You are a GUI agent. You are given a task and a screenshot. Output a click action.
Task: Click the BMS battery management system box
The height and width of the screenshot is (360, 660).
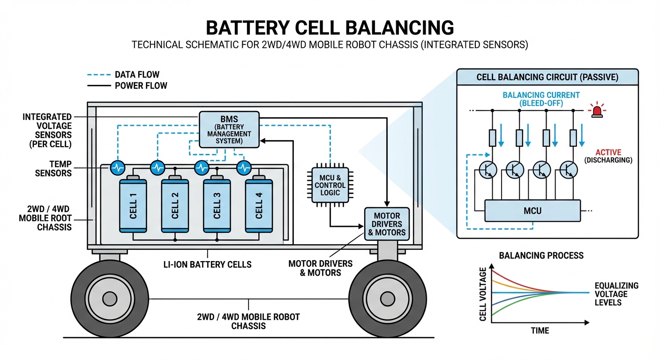(229, 129)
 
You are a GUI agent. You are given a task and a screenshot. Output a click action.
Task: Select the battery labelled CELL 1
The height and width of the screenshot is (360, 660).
(133, 205)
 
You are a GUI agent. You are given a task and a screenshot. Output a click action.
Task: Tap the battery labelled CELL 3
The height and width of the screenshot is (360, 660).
(217, 205)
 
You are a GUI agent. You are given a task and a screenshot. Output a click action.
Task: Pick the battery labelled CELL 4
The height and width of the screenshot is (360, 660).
(259, 205)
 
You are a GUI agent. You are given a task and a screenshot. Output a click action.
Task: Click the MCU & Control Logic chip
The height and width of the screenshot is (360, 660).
(330, 185)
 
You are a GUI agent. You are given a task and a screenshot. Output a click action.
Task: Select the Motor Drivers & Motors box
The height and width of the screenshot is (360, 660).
(387, 224)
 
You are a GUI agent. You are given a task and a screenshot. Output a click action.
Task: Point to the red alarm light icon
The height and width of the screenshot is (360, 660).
(597, 111)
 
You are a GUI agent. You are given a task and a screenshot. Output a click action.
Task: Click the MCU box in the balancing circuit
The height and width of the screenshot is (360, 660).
(532, 210)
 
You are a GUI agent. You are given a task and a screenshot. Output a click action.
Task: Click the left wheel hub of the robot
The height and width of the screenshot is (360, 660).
(110, 299)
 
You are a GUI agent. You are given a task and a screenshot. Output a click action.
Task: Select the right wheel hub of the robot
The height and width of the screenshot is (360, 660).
(387, 299)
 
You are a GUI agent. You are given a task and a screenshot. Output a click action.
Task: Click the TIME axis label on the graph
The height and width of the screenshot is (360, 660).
(540, 330)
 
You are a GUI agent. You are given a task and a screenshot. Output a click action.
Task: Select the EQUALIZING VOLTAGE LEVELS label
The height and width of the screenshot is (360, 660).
(616, 294)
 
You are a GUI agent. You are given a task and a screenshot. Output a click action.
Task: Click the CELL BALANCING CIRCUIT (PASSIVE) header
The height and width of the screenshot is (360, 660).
(547, 77)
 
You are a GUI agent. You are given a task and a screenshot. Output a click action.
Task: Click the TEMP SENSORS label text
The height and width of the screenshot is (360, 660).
(54, 168)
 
